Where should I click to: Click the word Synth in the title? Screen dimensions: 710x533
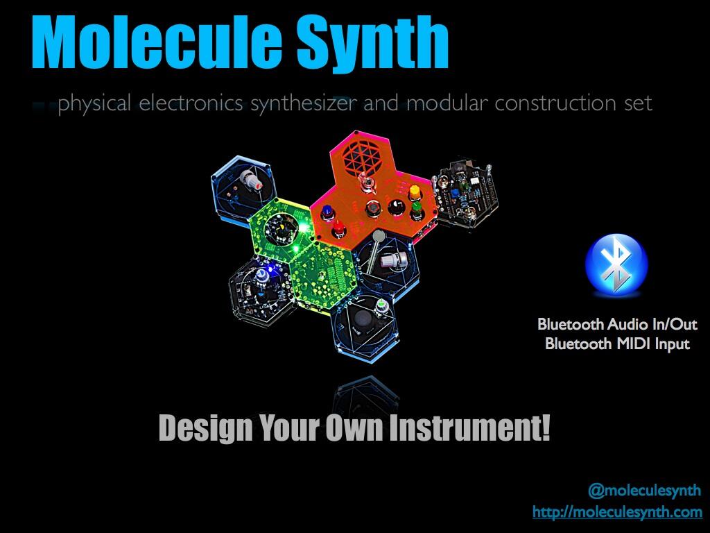pos(372,43)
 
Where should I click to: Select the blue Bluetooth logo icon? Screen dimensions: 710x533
pos(616,264)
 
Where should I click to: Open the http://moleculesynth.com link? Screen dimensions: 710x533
pos(617,511)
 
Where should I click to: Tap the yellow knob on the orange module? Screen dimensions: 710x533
pos(415,193)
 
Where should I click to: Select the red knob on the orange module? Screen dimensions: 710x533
pos(339,228)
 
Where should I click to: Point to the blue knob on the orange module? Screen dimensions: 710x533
pos(327,212)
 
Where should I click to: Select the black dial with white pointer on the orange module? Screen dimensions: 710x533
pos(396,207)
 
